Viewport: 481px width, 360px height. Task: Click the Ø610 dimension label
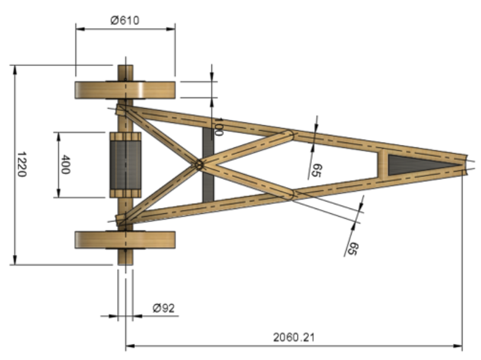pos(125,20)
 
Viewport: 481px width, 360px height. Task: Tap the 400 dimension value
pos(65,164)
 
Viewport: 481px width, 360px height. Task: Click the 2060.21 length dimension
pos(294,337)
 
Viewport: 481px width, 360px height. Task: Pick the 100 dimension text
pos(218,127)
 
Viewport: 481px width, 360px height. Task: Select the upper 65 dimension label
pos(317,170)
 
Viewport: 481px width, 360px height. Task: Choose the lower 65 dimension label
pos(352,249)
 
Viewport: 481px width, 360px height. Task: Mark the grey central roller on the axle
pos(125,165)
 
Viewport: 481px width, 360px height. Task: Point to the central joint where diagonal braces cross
pos(199,164)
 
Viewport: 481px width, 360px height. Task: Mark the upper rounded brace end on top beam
pos(289,135)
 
